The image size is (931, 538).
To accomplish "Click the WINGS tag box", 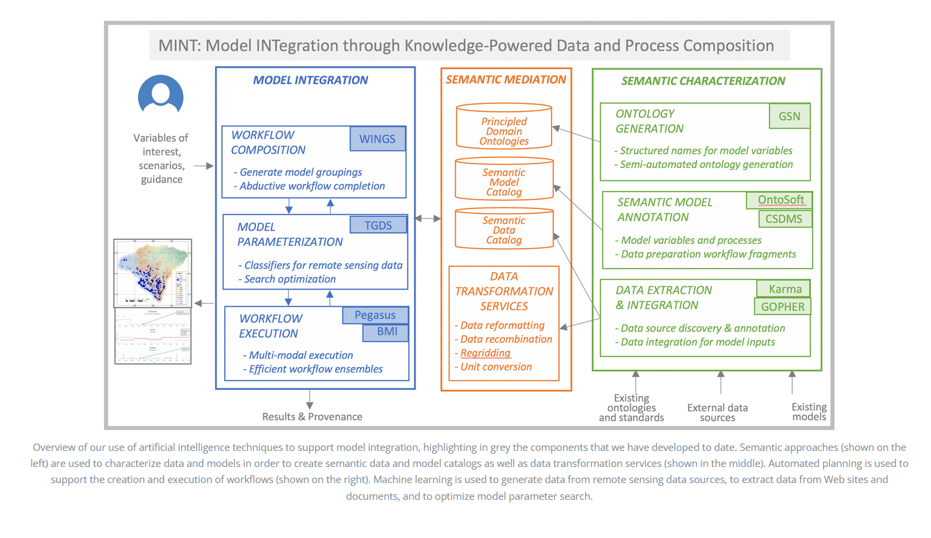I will [x=377, y=139].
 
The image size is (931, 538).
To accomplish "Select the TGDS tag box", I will [x=377, y=224].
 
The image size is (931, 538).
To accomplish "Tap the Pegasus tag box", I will [x=375, y=315].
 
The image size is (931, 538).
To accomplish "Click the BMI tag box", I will [x=385, y=332].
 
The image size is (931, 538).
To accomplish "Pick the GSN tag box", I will [x=789, y=115].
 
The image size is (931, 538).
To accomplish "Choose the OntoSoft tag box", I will [x=780, y=200].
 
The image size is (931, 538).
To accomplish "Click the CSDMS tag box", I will [x=784, y=218].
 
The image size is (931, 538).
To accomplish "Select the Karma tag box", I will [x=784, y=289].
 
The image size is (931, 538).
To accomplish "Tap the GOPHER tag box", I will [x=782, y=307].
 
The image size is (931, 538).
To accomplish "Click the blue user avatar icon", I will [x=161, y=94].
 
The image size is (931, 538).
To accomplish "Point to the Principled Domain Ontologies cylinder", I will [x=504, y=127].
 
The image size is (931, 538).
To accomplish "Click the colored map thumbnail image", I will [x=153, y=272].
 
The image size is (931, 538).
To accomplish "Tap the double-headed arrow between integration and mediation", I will [x=428, y=218].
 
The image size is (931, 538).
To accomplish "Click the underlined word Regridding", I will [x=485, y=353].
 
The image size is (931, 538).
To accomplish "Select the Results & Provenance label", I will [x=312, y=417].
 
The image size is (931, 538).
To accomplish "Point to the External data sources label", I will [x=717, y=412].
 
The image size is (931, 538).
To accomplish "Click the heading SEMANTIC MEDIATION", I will [x=506, y=79].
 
